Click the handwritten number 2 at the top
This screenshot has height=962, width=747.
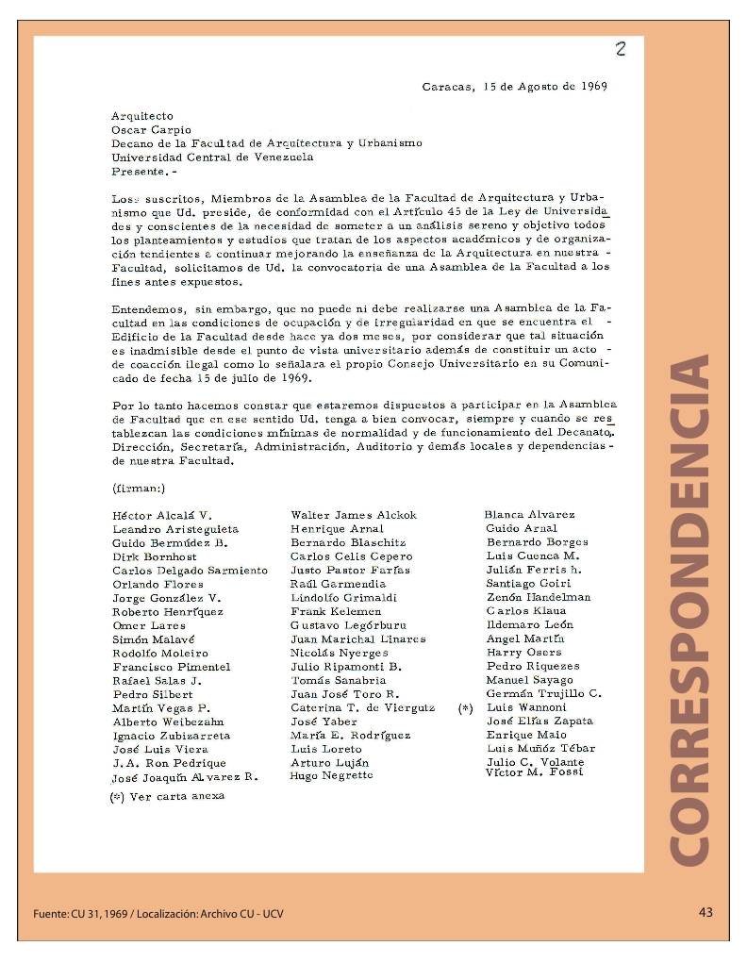(x=621, y=50)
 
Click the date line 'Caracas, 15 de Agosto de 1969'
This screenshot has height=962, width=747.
(x=514, y=86)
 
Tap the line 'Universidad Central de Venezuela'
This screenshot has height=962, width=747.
(x=212, y=158)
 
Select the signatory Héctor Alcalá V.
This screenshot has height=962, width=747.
(x=162, y=516)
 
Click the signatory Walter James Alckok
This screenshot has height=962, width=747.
(x=354, y=515)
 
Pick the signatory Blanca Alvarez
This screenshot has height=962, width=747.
(x=529, y=515)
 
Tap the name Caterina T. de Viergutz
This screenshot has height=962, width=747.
(x=363, y=707)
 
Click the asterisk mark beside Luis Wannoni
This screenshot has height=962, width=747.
(x=465, y=708)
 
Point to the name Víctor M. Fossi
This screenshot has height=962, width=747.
(x=534, y=772)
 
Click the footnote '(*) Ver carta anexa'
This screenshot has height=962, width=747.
(x=168, y=796)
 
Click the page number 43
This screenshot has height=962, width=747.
(x=705, y=912)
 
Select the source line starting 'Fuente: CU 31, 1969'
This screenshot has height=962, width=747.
(x=158, y=914)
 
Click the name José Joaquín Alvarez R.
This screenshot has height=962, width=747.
(x=185, y=778)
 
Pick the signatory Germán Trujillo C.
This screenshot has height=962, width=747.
(x=543, y=693)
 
